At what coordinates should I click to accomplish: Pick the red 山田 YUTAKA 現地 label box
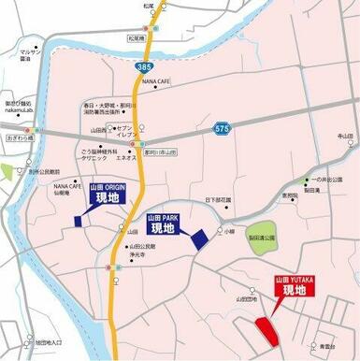(294, 286)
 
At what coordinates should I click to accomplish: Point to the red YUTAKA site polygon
(266, 329)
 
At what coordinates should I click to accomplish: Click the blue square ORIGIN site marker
(79, 222)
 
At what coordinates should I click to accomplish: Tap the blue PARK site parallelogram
(199, 238)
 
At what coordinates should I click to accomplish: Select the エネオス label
(127, 159)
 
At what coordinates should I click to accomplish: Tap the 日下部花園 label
(218, 200)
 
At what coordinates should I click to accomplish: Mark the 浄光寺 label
(140, 254)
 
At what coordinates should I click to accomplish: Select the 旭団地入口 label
(50, 343)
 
